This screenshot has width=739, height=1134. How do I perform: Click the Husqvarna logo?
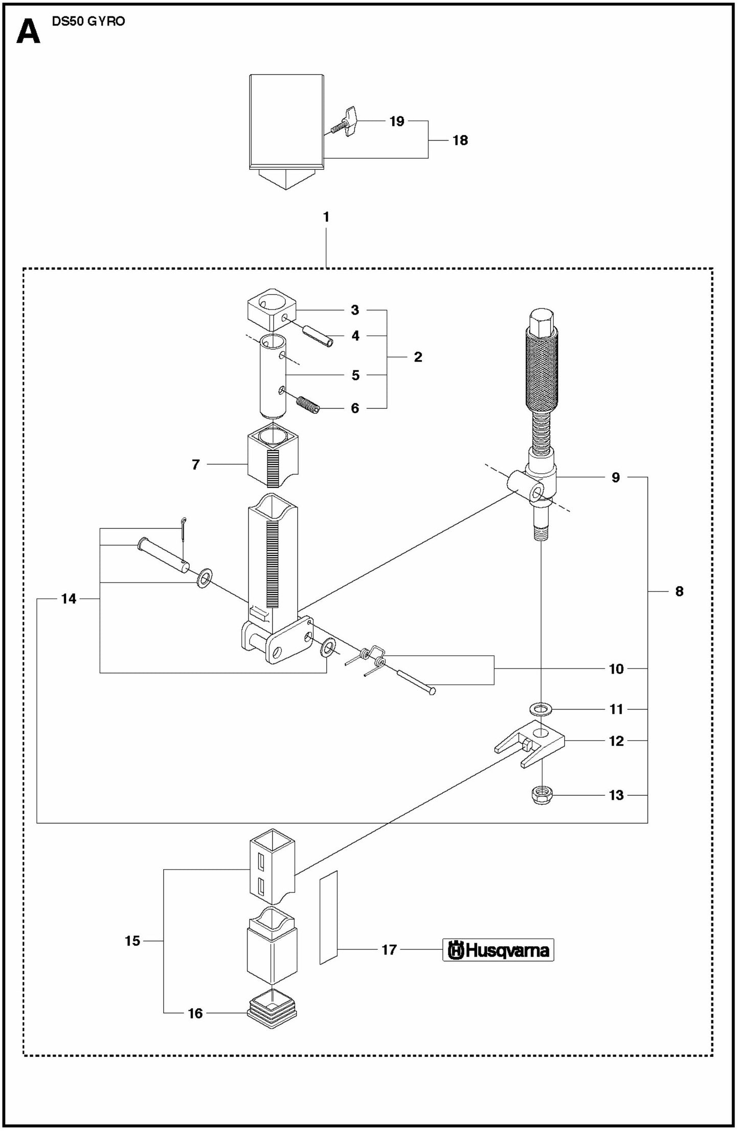[x=498, y=950]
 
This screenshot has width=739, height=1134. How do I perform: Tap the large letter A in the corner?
[x=28, y=32]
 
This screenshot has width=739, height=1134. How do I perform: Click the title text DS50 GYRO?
[x=88, y=21]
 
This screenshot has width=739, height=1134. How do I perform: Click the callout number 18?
[x=460, y=140]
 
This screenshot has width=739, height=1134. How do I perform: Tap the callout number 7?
[x=195, y=464]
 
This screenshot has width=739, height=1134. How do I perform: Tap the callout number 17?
[x=389, y=950]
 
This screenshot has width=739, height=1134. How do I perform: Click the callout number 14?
[x=69, y=598]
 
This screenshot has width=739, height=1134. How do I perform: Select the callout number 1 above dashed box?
[x=326, y=217]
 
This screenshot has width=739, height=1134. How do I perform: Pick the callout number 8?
[x=679, y=591]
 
